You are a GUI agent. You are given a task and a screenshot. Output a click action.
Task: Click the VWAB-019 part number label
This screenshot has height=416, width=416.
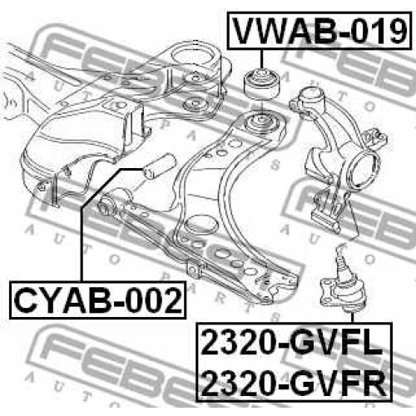pos(319,31)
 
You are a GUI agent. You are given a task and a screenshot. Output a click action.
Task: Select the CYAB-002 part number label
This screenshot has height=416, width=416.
pos(98,300)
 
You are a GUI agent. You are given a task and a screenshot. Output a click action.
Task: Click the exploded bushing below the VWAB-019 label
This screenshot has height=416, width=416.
pos(262,84)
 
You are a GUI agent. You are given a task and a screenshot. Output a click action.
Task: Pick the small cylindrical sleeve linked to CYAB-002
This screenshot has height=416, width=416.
pos(159,166)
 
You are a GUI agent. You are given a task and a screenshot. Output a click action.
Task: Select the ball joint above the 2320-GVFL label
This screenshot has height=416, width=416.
pos(343,280)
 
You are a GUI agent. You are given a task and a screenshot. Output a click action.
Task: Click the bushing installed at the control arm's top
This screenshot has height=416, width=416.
pos(260,123)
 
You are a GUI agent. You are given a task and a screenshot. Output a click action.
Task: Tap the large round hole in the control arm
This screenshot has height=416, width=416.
pos(201,224)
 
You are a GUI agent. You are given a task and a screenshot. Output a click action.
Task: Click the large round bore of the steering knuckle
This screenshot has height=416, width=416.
pos(364,168)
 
